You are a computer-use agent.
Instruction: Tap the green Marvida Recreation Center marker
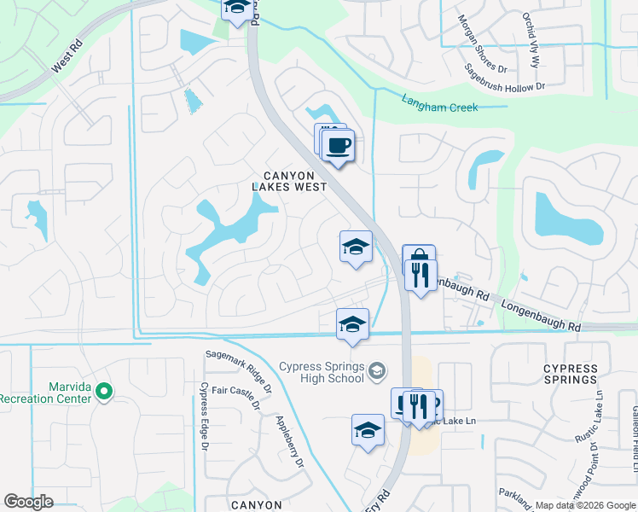105,392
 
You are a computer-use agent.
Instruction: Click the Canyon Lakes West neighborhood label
289,179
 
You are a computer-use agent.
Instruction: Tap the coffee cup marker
339,146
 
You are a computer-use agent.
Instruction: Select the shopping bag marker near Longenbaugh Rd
419,259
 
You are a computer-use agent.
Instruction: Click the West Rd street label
67,57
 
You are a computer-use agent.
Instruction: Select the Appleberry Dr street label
290,441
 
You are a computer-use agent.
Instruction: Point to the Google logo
28,502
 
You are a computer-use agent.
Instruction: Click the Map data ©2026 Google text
584,505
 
